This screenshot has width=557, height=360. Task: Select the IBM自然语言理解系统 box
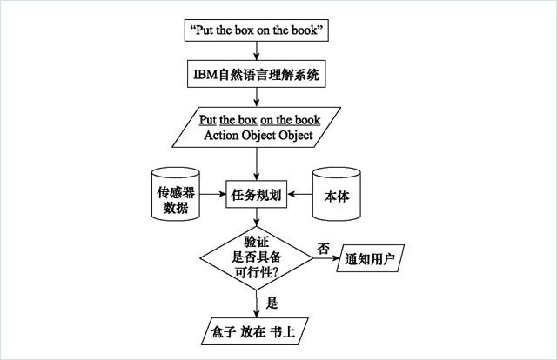tap(256, 74)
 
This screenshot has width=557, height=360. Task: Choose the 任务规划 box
tap(256, 196)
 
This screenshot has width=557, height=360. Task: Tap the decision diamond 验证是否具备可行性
tap(256, 257)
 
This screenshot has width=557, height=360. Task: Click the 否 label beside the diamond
tap(324, 248)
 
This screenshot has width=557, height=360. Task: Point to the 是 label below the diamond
tap(271, 303)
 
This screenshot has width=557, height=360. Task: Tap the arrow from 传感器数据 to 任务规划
tap(214, 196)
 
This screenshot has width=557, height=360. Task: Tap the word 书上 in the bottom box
tap(292, 331)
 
